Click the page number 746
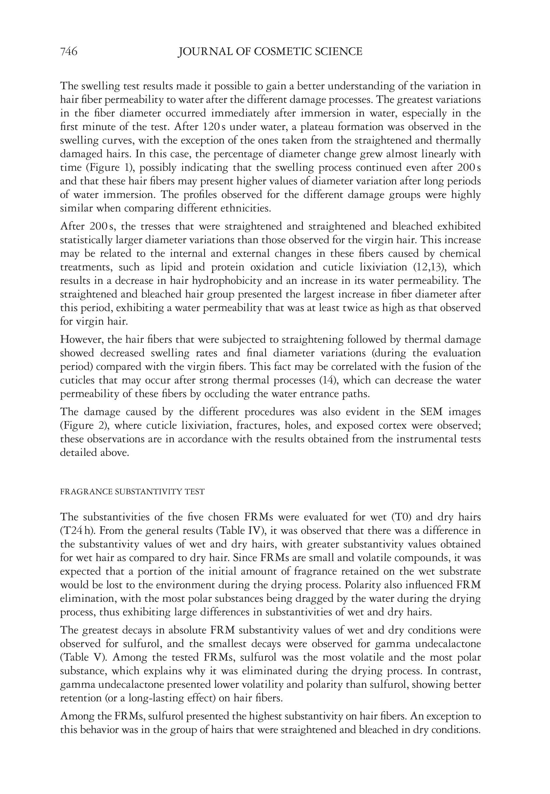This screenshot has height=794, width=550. pos(68,52)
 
